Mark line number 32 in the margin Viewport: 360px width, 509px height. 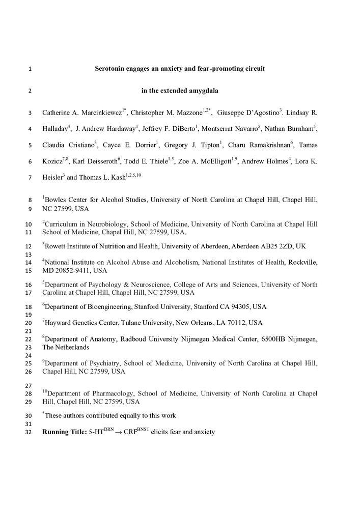pyautogui.click(x=28, y=432)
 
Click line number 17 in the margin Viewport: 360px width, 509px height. pyautogui.click(x=28, y=293)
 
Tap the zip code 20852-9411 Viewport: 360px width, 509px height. pyautogui.click(x=74, y=270)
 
